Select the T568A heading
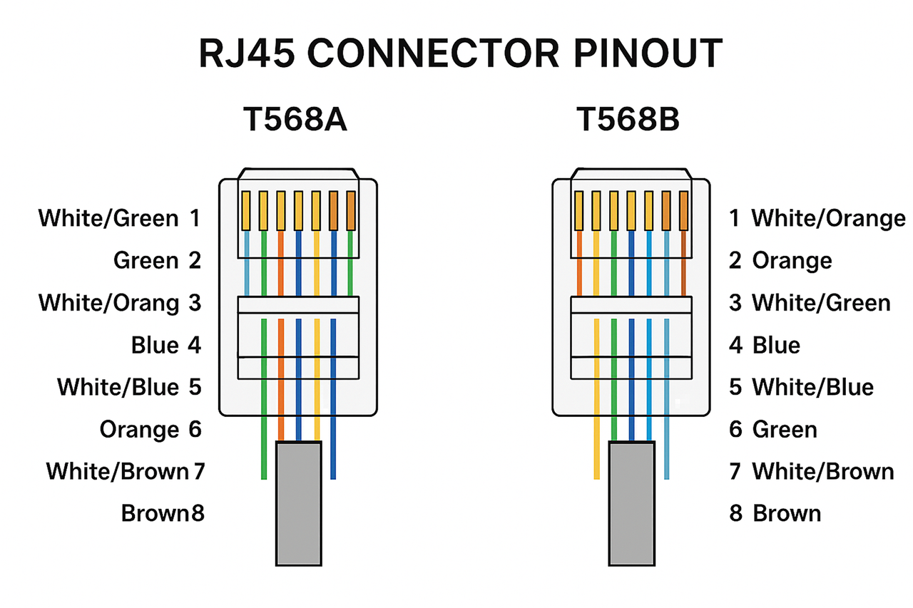[x=295, y=120]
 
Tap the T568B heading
[x=628, y=120]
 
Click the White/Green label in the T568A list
[x=108, y=218]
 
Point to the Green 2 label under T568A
[x=157, y=261]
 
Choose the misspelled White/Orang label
[x=108, y=303]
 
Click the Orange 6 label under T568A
[x=151, y=430]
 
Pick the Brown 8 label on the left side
[x=163, y=513]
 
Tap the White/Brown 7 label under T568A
[x=125, y=471]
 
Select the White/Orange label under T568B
[x=827, y=218]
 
